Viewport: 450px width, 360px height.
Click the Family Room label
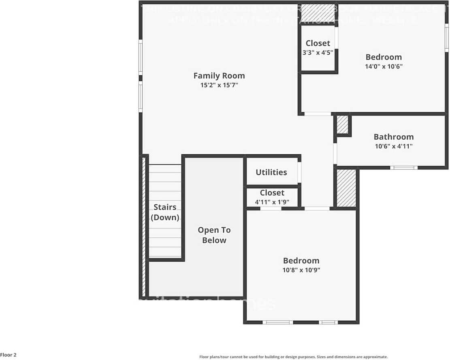[x=219, y=75]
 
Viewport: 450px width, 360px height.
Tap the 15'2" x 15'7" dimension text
[x=219, y=85]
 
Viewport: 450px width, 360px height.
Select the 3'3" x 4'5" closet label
[x=318, y=53]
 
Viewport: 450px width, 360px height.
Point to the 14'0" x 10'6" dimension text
[x=383, y=66]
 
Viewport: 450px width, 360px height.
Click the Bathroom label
[x=393, y=137]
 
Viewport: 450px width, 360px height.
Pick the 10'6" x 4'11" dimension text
[x=393, y=147]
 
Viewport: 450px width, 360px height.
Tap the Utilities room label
[x=271, y=172]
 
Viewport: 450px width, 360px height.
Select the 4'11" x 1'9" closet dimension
[x=272, y=202]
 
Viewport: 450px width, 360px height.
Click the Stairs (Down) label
[x=165, y=212]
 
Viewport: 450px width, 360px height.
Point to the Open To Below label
[x=214, y=235]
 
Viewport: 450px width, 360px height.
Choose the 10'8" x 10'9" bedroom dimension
[x=301, y=270]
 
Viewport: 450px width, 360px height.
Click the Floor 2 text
[x=9, y=355]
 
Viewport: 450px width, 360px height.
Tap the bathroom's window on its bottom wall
[x=403, y=167]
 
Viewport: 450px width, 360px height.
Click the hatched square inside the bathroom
[x=343, y=125]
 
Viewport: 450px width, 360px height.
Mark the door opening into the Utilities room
[x=299, y=173]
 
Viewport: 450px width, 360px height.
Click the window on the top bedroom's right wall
[x=446, y=38]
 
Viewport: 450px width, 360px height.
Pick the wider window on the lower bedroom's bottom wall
[x=277, y=322]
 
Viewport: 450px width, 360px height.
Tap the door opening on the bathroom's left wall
[x=335, y=153]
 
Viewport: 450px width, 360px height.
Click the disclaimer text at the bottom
[x=293, y=357]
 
